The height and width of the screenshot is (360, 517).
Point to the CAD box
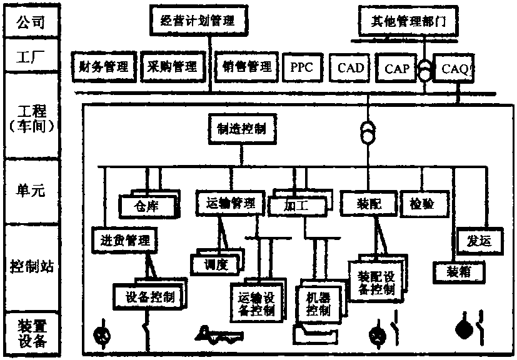pos(351,66)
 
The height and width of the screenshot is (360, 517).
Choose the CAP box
pos(397,67)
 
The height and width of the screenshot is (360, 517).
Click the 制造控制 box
pos(241,128)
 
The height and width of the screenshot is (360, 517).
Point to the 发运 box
pos(479,241)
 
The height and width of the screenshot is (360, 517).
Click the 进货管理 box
pos(125,237)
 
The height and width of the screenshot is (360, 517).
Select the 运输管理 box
pos(229,202)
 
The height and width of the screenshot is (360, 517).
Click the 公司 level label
pos(31,24)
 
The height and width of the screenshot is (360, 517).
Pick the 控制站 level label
pos(31,266)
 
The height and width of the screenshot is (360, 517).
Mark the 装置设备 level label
pos(31,333)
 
